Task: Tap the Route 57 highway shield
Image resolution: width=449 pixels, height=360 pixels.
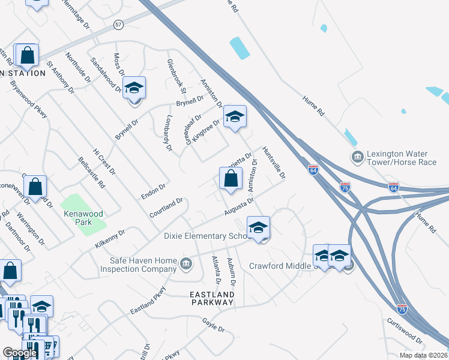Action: pyautogui.click(x=118, y=24)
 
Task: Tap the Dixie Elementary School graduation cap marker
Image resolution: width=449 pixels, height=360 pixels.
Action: pyautogui.click(x=259, y=228)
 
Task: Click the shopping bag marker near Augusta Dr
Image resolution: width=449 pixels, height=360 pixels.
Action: pyautogui.click(x=231, y=178)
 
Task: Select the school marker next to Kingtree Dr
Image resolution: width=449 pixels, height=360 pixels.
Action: pyautogui.click(x=235, y=116)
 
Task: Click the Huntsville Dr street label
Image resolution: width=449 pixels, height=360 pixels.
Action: pyautogui.click(x=274, y=164)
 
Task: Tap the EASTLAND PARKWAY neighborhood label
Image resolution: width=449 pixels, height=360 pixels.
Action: pyautogui.click(x=211, y=299)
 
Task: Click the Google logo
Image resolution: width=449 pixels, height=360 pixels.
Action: pyautogui.click(x=20, y=353)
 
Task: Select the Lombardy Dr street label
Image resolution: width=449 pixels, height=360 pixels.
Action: pyautogui.click(x=167, y=133)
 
